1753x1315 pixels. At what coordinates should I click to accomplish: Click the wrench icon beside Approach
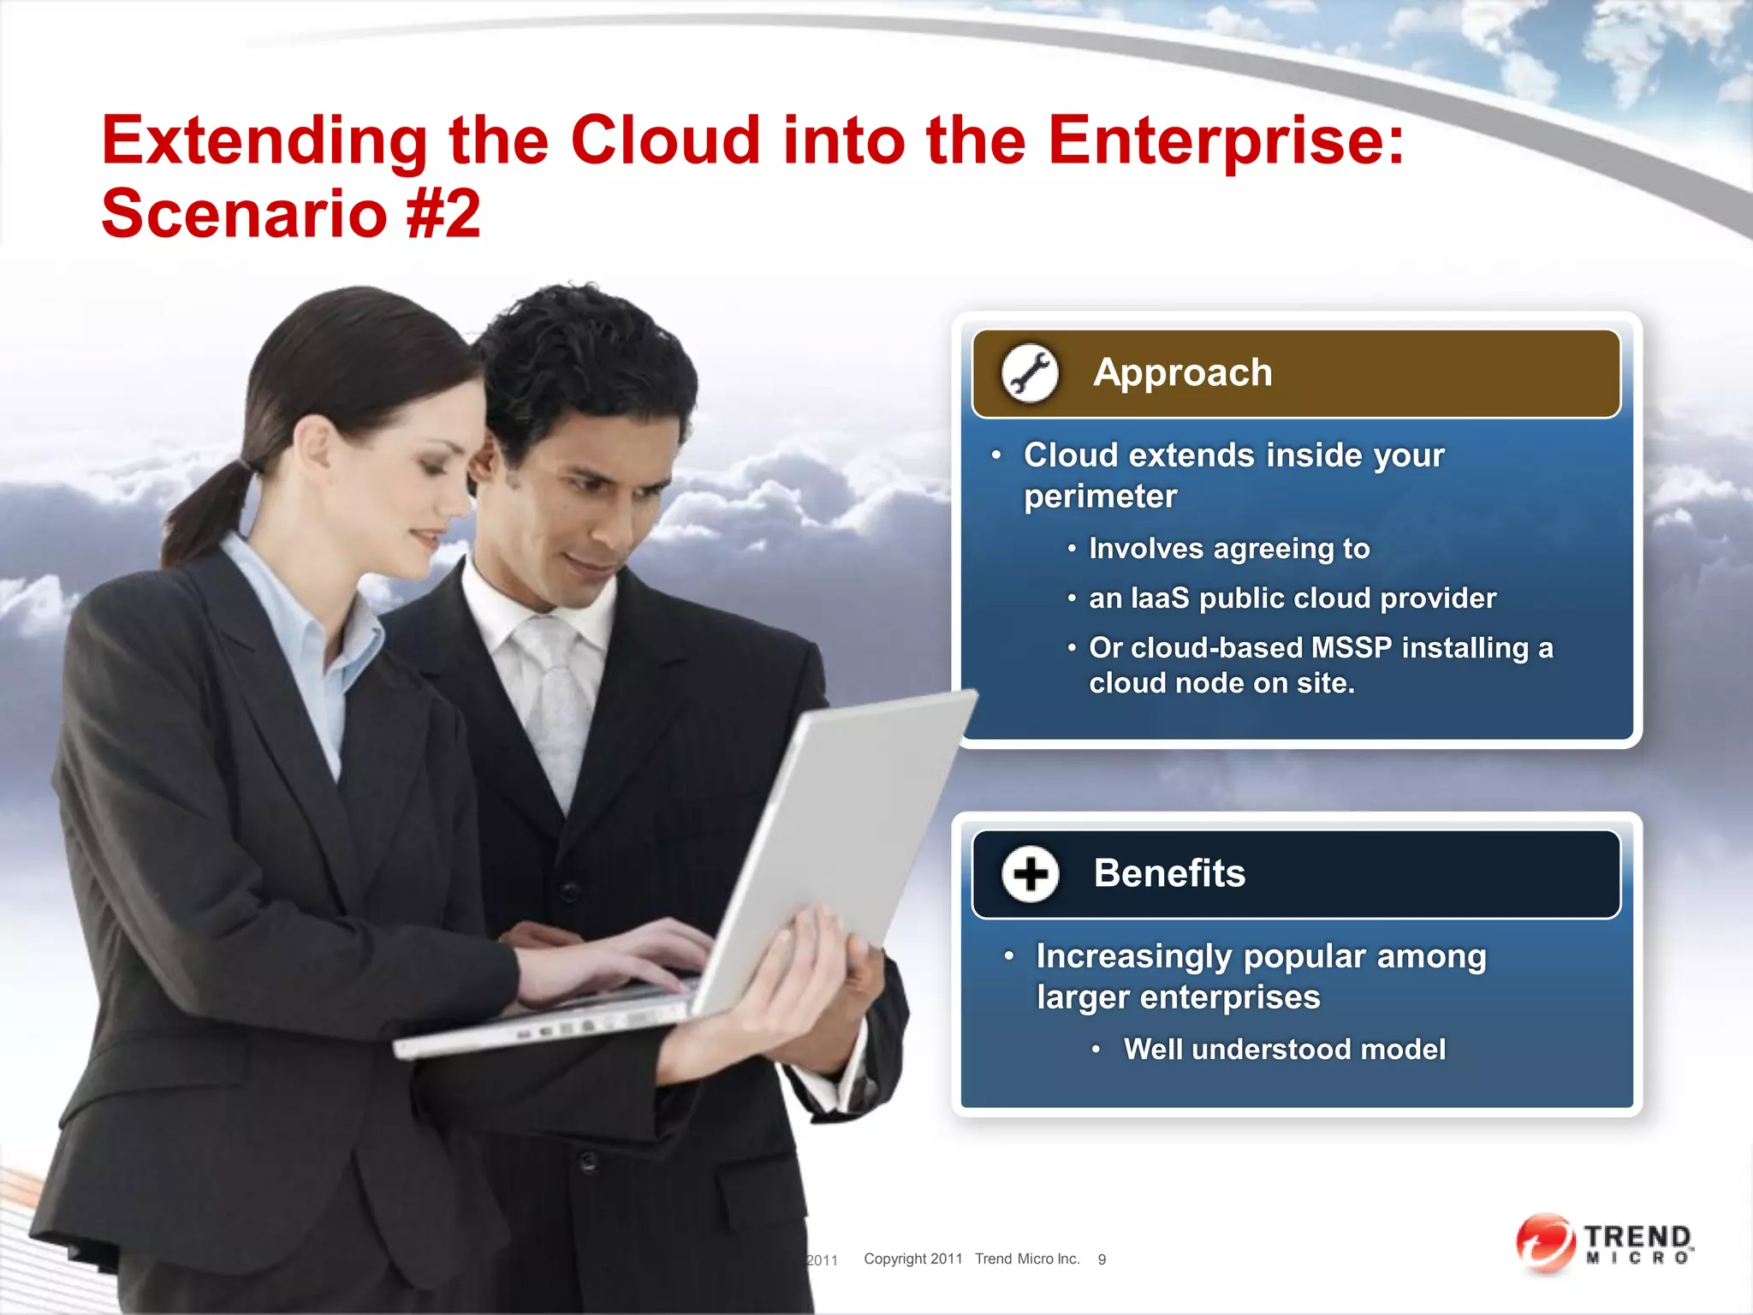point(1030,373)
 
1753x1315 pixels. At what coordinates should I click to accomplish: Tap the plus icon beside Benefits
point(1030,874)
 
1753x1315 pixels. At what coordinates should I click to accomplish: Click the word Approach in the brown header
point(1182,373)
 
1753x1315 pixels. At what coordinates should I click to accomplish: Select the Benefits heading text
point(1168,874)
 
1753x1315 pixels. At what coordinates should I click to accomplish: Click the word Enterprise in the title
point(1225,141)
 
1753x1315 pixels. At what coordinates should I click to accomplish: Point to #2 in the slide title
point(443,214)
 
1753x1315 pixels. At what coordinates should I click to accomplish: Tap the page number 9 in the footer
point(1102,1259)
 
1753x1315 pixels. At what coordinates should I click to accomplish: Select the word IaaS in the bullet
point(1160,598)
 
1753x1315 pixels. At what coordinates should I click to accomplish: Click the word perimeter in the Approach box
point(1100,497)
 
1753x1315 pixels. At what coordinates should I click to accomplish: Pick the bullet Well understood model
point(1284,1050)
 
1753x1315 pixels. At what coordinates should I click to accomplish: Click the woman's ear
point(314,445)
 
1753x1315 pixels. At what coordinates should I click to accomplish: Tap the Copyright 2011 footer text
point(912,1259)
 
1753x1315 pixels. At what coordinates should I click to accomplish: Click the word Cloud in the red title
point(665,141)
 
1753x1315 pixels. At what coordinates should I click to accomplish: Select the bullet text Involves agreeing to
point(1228,549)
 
